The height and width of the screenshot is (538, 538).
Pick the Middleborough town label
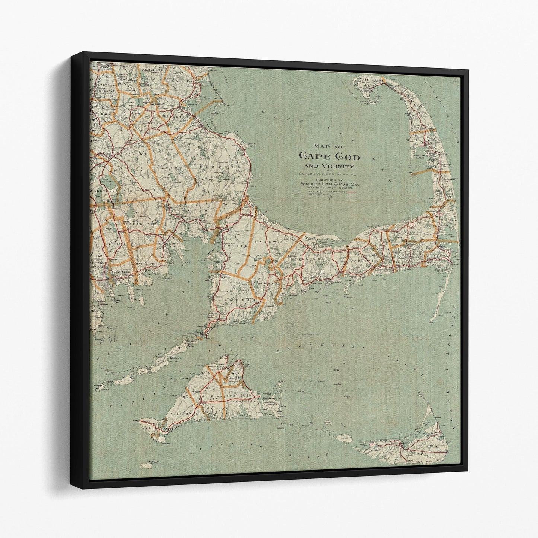click(120, 153)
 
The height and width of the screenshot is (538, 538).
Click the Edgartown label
click(246, 402)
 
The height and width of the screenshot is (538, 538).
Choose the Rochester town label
click(142, 224)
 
